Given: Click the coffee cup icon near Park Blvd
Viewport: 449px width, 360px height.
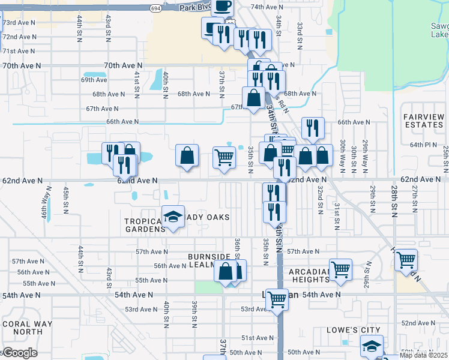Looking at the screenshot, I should pos(221,7).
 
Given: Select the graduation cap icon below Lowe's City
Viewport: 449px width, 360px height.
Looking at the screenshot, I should pos(372,346).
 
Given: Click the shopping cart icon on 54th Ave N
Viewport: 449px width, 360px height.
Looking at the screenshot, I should pos(277,299).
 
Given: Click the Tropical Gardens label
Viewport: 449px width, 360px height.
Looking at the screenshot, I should pos(144,225).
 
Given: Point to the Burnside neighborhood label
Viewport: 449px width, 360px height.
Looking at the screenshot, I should pos(209,257).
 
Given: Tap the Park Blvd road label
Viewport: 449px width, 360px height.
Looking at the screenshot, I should pos(195,8).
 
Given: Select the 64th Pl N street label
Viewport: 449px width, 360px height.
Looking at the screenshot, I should pos(423,145).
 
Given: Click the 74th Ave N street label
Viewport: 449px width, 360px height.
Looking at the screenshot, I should pos(266,7).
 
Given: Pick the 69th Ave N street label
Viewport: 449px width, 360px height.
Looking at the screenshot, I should pos(94,80).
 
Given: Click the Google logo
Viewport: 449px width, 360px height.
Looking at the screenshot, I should pos(19,353).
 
